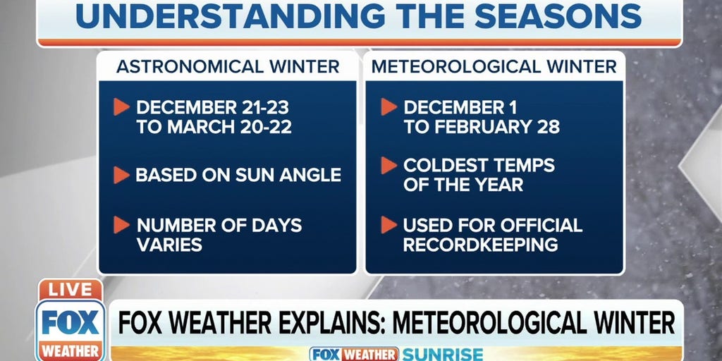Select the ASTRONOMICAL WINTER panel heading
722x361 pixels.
[x=228, y=67]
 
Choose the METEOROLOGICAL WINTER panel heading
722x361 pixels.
[x=494, y=67]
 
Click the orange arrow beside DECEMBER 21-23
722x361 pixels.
[x=121, y=107]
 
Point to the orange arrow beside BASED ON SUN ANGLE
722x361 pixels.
[x=121, y=175]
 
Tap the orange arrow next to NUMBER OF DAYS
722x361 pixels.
[x=121, y=225]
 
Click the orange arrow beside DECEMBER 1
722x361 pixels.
[x=388, y=107]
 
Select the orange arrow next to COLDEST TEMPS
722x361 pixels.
[x=388, y=166]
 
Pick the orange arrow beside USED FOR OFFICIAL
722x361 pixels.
[x=388, y=225]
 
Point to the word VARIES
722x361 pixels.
[x=169, y=245]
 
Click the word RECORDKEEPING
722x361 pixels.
[x=480, y=245]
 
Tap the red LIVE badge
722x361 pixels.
[x=71, y=290]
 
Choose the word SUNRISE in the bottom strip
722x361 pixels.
[x=442, y=354]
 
